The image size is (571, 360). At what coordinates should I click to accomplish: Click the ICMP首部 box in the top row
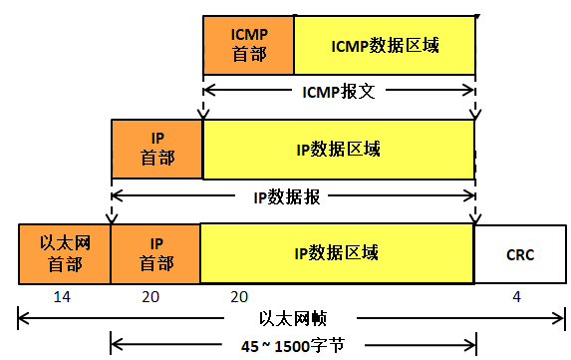(x=248, y=45)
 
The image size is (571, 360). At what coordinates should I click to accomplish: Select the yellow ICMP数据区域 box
(x=384, y=45)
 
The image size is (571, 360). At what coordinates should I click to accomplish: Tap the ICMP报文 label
(x=339, y=91)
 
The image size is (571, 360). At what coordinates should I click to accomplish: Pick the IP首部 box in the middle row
(x=156, y=148)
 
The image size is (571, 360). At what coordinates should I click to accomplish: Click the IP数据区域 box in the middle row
(x=338, y=149)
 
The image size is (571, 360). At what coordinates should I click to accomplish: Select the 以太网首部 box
(x=64, y=253)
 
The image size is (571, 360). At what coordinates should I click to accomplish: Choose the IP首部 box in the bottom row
(x=154, y=253)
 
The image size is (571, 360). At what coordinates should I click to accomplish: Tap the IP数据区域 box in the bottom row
(x=337, y=253)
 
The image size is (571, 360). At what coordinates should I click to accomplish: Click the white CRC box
(x=518, y=254)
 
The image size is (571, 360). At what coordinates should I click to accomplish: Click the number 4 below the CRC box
(x=516, y=297)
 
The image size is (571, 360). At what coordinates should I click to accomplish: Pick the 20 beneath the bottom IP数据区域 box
(x=239, y=297)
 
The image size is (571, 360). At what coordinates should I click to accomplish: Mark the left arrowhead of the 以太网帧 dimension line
(x=21, y=320)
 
